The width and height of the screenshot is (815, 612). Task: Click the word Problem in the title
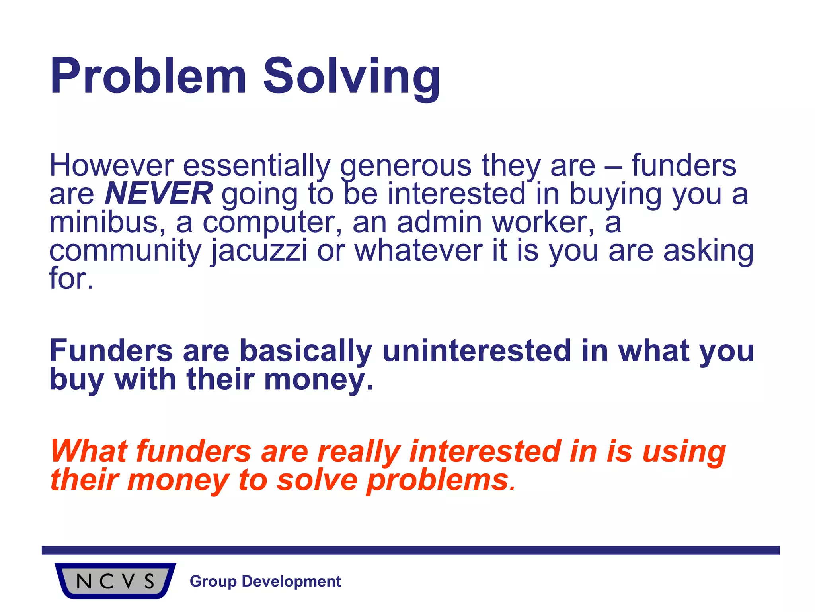[148, 76]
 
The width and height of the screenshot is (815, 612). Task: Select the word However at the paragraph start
[111, 165]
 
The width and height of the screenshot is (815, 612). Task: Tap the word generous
[406, 167]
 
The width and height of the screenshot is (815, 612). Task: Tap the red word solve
[317, 480]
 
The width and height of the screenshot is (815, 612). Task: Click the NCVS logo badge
[115, 581]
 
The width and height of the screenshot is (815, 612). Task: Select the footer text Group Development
[265, 581]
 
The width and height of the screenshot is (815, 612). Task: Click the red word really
[358, 452]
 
